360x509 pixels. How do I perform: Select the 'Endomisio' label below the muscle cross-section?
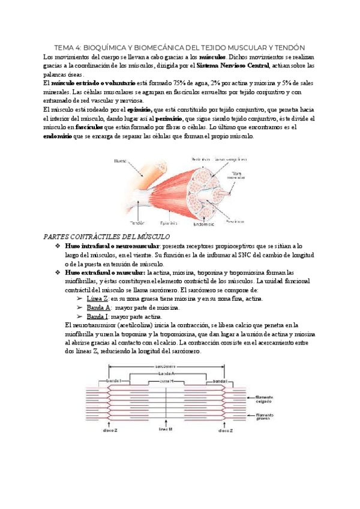(203, 224)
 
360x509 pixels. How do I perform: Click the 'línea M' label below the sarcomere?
(166, 430)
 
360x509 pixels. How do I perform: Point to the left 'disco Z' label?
(110, 430)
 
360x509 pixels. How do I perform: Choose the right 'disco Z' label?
(225, 430)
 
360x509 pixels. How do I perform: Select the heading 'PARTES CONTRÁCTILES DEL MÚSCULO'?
(103, 237)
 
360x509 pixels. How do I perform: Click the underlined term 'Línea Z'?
(97, 298)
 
